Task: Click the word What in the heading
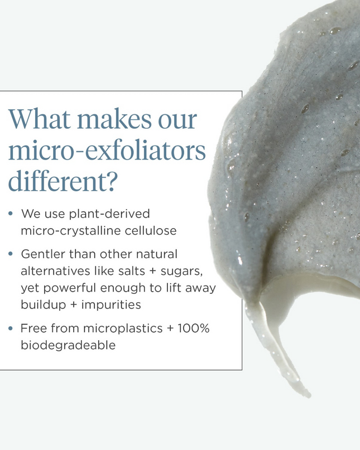coord(40,119)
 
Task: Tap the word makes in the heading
coord(114,119)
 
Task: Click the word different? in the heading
coord(63,181)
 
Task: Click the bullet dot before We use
coord(11,214)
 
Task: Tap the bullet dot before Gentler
coord(11,254)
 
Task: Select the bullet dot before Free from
coord(11,328)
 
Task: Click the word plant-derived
coord(109,214)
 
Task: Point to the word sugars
coord(181,271)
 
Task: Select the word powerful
coord(70,288)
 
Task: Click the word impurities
coord(111,304)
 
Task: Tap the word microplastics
coord(123,328)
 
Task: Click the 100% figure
coord(194,328)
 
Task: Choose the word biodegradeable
coord(68,345)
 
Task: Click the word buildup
coord(44,304)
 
